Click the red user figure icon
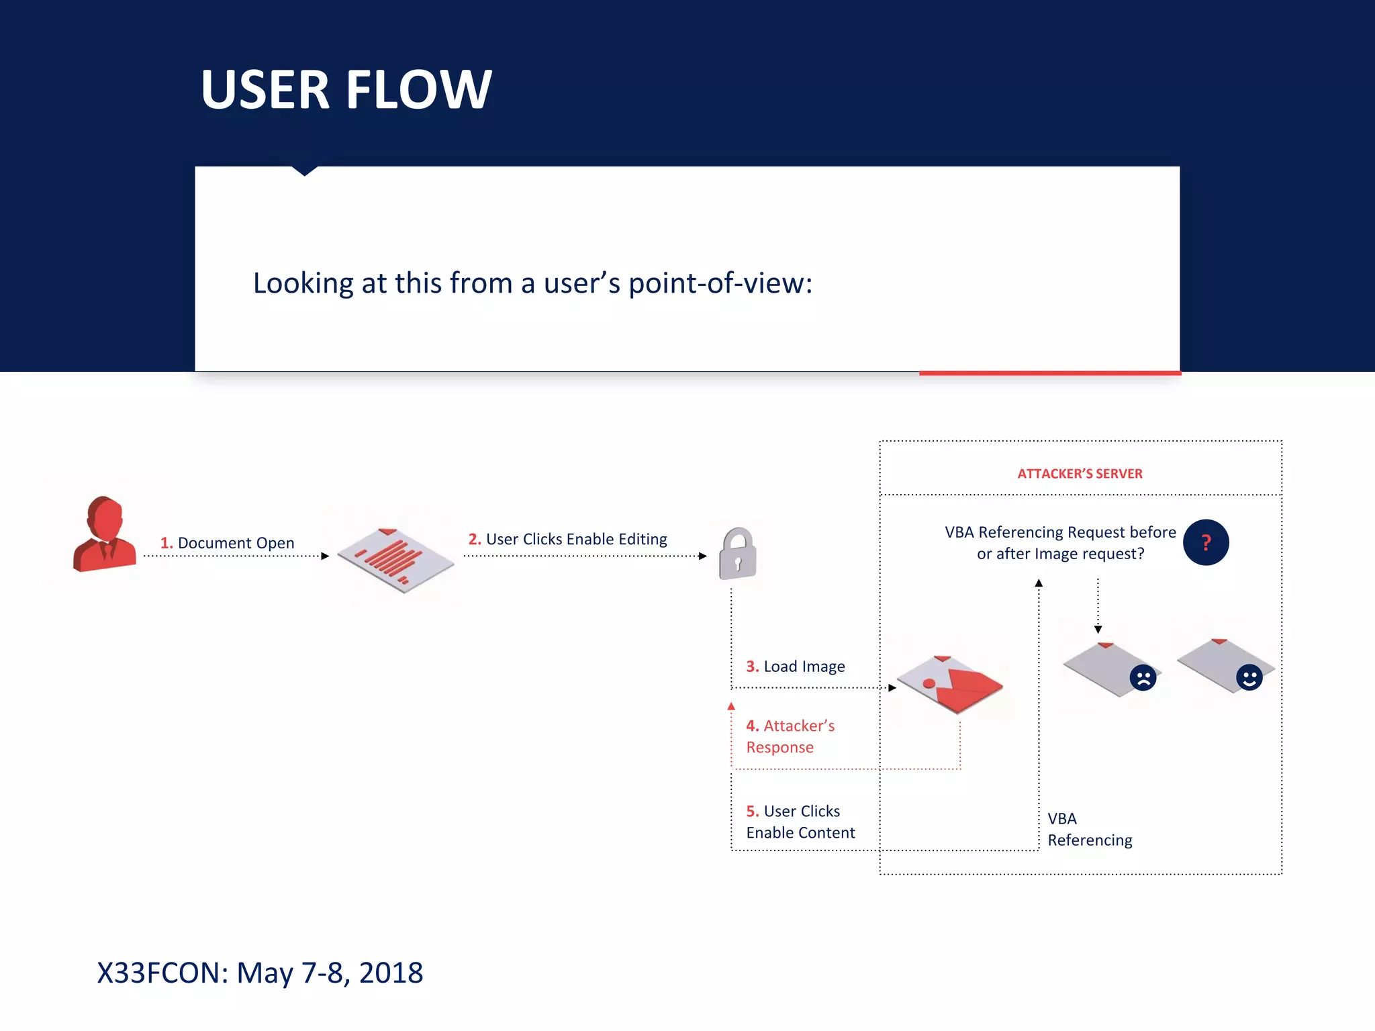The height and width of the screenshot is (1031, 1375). coord(104,535)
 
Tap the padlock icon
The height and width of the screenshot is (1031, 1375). coord(737,554)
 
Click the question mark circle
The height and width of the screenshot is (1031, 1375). coord(1206,542)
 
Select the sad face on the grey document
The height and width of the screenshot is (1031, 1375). coord(1143,677)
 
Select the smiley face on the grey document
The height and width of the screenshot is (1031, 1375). coord(1249,677)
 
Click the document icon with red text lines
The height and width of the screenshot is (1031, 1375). coord(395,559)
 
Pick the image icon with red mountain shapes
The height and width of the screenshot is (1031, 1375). coord(949,683)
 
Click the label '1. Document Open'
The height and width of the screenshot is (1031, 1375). coord(227,542)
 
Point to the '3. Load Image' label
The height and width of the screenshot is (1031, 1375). coord(796,667)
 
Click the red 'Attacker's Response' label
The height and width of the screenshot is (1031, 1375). coord(790,736)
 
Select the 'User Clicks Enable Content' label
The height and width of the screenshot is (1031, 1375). coord(800,822)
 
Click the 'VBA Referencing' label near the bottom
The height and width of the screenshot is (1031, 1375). coord(1089,830)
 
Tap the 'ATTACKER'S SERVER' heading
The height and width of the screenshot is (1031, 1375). coord(1080,474)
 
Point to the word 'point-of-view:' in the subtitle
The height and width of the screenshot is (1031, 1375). coord(720,283)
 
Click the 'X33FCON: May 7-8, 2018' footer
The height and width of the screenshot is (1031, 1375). coord(260,973)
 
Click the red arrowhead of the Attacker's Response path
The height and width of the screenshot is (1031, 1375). coord(731,706)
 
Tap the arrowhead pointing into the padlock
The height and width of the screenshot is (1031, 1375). coord(702,556)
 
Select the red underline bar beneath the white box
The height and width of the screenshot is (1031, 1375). coord(1049,373)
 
